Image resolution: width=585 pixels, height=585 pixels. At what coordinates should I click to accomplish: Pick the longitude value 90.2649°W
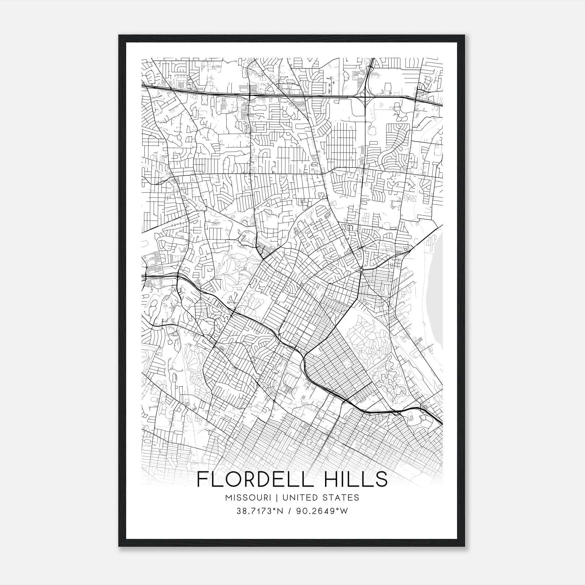323,511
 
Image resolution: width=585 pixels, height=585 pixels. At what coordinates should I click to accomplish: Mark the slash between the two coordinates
289,511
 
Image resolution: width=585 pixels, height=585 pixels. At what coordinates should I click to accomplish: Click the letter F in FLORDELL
203,480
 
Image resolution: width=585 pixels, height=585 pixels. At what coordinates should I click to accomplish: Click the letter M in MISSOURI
229,498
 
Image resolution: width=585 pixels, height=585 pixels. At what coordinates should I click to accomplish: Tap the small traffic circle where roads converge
361,269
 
